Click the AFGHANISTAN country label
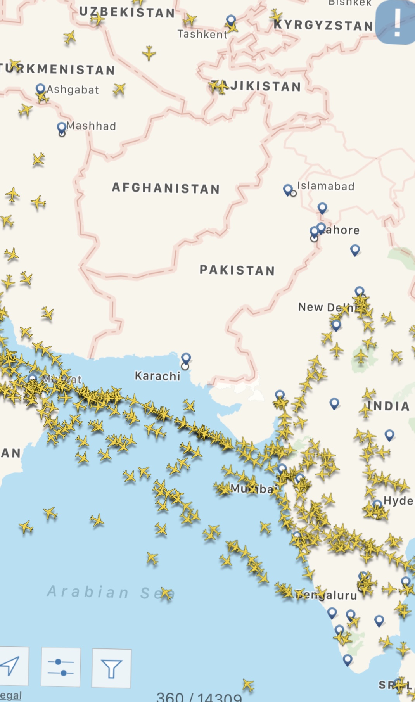click(166, 188)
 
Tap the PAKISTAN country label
click(237, 270)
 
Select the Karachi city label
click(157, 376)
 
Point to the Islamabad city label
click(326, 186)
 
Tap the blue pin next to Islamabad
click(288, 190)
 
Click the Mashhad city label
click(91, 126)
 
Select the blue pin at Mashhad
click(62, 127)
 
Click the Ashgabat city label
click(73, 90)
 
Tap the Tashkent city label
click(202, 35)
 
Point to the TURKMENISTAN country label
click(58, 69)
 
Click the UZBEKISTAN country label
click(127, 12)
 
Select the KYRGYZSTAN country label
click(323, 26)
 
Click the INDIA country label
click(388, 406)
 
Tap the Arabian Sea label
click(111, 592)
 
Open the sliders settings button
click(61, 667)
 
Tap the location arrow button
click(12, 666)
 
